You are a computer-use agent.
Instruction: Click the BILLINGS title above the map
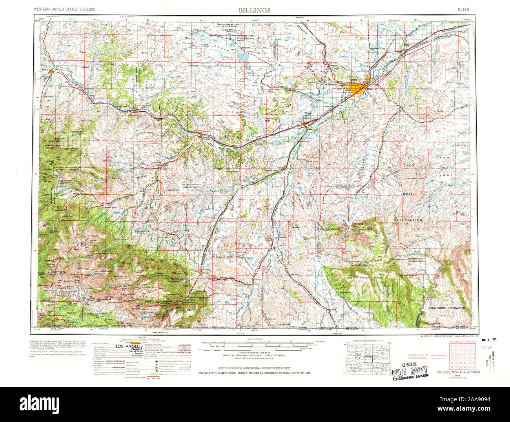pyautogui.click(x=254, y=10)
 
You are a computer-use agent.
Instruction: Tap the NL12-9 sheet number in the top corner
pyautogui.click(x=465, y=9)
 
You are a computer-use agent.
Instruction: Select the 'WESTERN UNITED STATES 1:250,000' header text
pyautogui.click(x=64, y=9)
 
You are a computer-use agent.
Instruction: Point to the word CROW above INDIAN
pyautogui.click(x=409, y=166)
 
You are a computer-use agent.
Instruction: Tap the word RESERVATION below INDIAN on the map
pyautogui.click(x=408, y=220)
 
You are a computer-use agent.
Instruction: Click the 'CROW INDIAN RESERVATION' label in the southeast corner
pyautogui.click(x=446, y=308)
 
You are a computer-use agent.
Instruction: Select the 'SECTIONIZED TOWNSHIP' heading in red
pyautogui.click(x=462, y=342)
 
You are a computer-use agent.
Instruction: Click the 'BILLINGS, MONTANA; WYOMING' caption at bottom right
pyautogui.click(x=458, y=372)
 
